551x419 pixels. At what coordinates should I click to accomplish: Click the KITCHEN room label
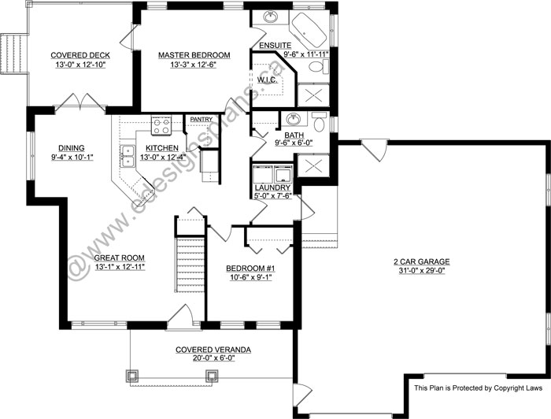pos(161,147)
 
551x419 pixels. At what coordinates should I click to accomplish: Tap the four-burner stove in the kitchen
pos(161,123)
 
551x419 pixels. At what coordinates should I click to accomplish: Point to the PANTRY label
pos(201,120)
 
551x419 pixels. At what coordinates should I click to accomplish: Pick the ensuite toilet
pos(316,69)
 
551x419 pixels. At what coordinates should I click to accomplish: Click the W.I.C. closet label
pos(266,79)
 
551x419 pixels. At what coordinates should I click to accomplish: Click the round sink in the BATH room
pos(293,120)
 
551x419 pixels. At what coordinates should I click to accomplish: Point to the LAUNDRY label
pos(272,187)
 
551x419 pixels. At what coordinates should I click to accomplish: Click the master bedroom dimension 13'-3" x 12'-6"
pos(194,65)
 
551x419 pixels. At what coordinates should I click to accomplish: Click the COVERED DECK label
pos(80,55)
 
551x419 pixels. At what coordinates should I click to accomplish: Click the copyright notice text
pos(478,387)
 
